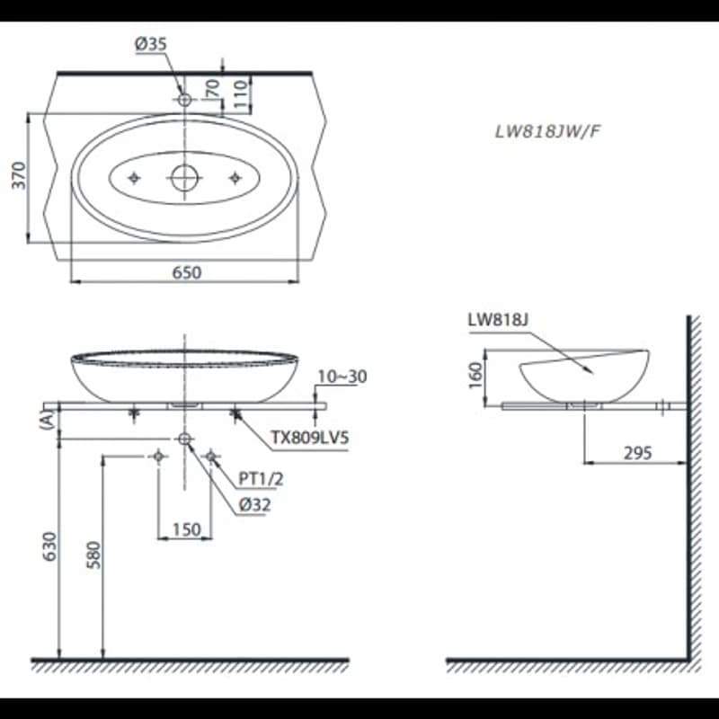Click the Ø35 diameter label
151,44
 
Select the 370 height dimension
19,175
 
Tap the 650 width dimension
187,273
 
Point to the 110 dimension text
241,93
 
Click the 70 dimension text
213,87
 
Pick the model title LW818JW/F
547,132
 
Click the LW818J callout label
498,320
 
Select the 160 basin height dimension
476,375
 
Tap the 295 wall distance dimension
637,453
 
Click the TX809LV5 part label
310,438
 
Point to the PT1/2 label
261,479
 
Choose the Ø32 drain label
255,505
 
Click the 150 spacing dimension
187,529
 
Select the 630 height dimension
49,546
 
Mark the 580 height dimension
93,555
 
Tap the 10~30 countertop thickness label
342,377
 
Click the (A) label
48,420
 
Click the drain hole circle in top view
185,178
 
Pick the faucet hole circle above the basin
184,99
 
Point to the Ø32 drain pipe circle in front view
184,439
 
